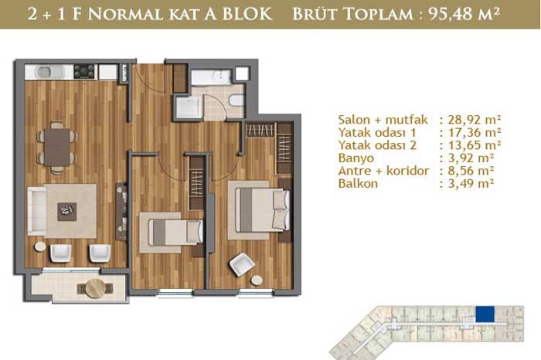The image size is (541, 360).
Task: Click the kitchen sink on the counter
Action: click(x=51, y=72)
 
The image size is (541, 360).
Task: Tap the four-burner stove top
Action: click(x=84, y=71)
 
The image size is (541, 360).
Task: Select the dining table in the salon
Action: click(x=57, y=148)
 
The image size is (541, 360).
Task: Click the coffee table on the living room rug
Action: click(x=67, y=212)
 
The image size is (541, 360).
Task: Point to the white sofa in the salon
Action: click(x=37, y=211)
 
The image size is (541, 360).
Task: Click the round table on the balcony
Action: click(x=96, y=288)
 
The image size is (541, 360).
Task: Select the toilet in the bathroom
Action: click(x=236, y=100)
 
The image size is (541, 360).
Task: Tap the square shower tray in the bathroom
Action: click(x=188, y=107)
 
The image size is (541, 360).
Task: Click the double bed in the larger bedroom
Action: click(x=262, y=210)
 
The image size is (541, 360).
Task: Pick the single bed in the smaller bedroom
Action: click(x=175, y=233)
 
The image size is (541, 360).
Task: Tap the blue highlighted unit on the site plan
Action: click(x=485, y=314)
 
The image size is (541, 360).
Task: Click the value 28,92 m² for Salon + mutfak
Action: click(x=475, y=120)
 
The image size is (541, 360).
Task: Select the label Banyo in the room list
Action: click(x=356, y=158)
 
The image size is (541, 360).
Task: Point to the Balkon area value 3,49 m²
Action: click(x=471, y=183)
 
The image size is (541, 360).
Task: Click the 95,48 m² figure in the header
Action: click(x=464, y=14)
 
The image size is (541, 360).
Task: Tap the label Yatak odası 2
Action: click(x=377, y=145)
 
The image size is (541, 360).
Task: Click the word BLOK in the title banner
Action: click(x=247, y=14)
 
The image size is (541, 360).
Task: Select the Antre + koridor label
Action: click(x=383, y=171)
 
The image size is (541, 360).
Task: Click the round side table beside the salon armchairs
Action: click(x=40, y=246)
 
